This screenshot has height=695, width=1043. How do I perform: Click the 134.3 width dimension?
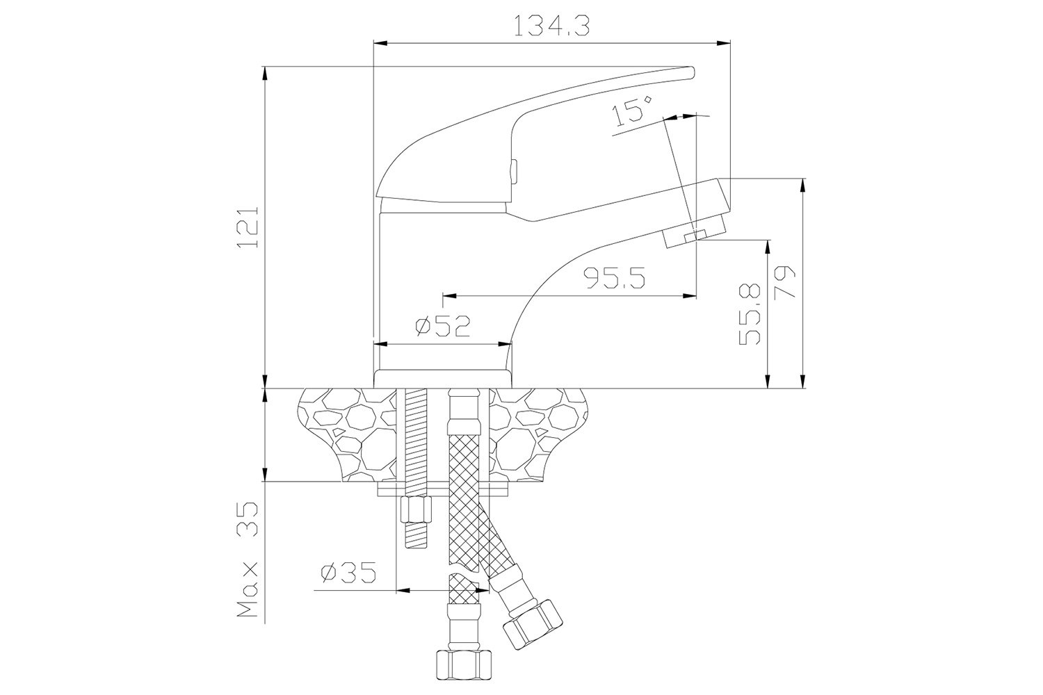coord(552,26)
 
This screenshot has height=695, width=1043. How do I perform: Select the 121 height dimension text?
coord(248,227)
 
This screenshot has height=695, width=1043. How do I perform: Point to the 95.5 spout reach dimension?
coord(615,279)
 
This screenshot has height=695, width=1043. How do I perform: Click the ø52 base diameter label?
coord(443,326)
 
